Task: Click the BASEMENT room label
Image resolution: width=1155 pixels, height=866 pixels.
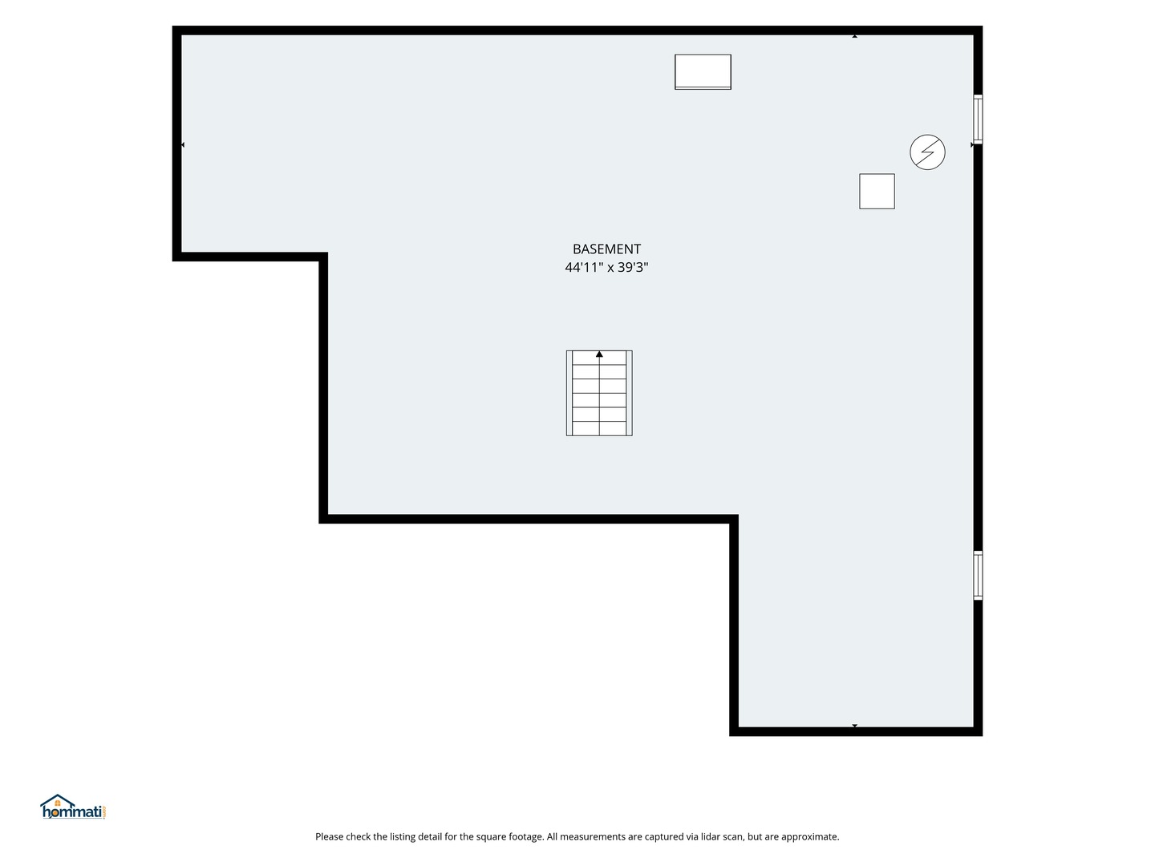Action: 606,249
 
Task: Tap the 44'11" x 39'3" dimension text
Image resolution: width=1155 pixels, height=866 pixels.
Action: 606,267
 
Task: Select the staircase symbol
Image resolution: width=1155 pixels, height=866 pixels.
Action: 599,393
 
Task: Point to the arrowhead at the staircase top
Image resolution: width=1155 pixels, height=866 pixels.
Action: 599,354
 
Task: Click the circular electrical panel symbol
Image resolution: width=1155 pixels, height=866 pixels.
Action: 927,152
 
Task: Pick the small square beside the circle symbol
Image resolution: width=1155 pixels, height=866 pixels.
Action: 877,192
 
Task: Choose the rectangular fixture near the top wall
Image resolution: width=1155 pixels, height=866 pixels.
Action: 703,72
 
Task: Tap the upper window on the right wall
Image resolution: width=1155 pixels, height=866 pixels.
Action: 977,119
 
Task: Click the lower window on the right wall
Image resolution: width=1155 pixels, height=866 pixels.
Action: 977,575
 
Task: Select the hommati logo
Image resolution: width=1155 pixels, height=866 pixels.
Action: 74,807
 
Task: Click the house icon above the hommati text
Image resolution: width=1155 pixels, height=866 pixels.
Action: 58,801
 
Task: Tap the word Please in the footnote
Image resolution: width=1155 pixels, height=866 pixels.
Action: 329,836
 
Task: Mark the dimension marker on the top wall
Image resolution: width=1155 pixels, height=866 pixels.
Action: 854,36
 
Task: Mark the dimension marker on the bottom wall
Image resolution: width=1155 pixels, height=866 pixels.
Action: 854,726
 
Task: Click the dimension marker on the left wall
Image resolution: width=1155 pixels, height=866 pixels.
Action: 183,144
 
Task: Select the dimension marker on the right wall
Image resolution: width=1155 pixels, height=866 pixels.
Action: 972,144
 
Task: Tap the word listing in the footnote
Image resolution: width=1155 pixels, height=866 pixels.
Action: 403,837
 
